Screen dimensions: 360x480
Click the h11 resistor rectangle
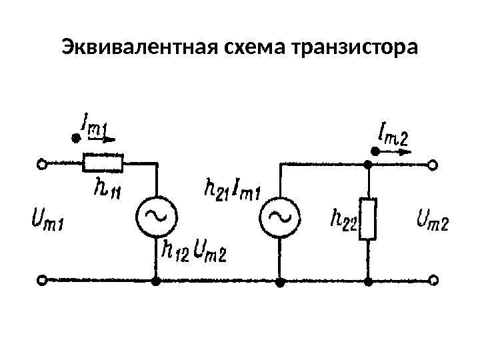pos(103,162)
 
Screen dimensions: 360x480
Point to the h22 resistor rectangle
pos(367,218)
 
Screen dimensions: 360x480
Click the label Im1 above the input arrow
pos(94,127)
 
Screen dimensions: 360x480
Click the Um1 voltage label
pos(47,218)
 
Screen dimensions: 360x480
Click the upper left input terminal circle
pos(42,163)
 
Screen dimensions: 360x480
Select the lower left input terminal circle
pos(42,282)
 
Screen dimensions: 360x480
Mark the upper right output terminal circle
pos(434,163)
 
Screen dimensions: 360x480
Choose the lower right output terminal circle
pos(434,282)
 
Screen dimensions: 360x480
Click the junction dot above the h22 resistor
pos(367,163)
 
